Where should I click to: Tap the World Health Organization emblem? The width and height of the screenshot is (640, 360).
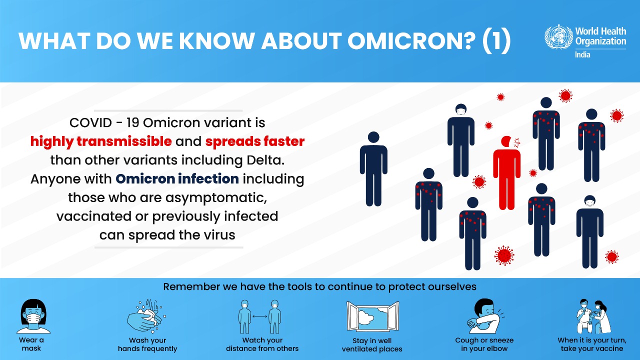[x=558, y=37]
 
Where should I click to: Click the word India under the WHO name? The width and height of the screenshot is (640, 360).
[x=582, y=54]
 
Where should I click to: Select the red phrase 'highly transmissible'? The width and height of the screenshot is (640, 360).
[x=101, y=141]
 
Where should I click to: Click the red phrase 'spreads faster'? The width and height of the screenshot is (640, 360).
[x=254, y=141]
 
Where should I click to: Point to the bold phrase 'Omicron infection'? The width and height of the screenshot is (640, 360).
[x=177, y=178]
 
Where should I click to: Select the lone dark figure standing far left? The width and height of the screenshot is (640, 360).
[x=373, y=168]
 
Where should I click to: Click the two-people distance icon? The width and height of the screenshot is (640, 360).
[x=259, y=316]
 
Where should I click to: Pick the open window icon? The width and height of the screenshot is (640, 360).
[x=372, y=316]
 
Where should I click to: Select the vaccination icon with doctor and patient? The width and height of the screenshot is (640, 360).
[x=591, y=316]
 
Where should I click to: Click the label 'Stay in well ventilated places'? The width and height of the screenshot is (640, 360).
[x=372, y=345]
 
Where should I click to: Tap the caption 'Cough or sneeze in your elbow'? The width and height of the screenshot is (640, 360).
[x=484, y=344]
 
